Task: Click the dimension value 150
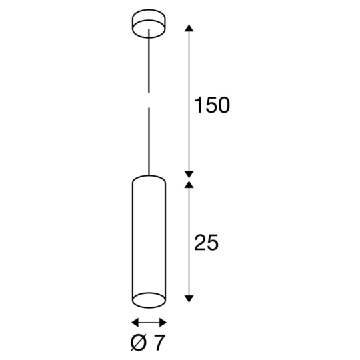tap(211, 105)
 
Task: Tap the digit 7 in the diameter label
tap(158, 343)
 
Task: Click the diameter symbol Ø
tap(139, 343)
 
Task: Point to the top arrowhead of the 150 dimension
tap(189, 29)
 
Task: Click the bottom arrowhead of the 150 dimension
tap(189, 172)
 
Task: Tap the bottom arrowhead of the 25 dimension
tap(189, 297)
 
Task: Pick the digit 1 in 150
tap(197, 105)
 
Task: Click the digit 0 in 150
tap(223, 105)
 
